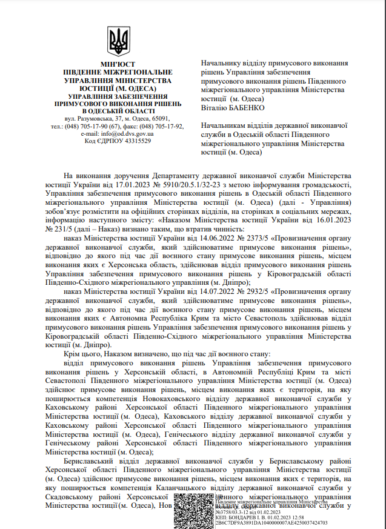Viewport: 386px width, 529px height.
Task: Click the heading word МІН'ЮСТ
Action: pos(118,64)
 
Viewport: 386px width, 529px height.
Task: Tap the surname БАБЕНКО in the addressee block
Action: pos(246,107)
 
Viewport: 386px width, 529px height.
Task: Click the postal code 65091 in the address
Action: pos(158,119)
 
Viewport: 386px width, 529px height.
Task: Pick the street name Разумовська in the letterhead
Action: pos(87,119)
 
